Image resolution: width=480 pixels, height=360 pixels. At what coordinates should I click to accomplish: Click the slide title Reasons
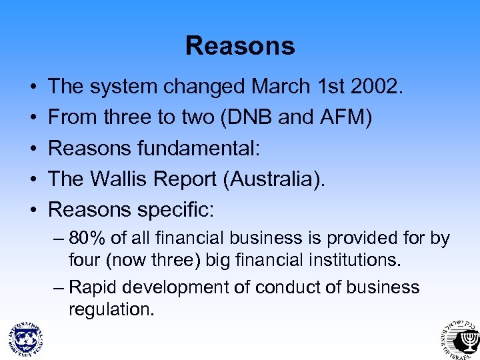[240, 45]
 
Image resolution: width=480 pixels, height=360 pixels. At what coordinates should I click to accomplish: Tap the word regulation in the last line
[110, 309]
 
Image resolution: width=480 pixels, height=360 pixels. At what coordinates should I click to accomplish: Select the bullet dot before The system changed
[32, 87]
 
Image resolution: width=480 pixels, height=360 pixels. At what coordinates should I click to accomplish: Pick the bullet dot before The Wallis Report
[32, 180]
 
